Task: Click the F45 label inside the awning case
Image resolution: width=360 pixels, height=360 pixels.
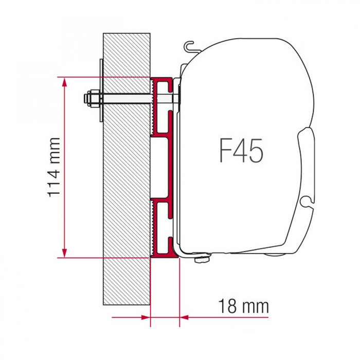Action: [x=241, y=151]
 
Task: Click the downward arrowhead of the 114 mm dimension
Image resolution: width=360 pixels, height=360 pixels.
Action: [x=64, y=253]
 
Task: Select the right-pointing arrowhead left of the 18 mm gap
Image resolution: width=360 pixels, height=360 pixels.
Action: [x=145, y=317]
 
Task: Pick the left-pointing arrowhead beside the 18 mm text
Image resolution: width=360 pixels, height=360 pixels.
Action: [x=184, y=317]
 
